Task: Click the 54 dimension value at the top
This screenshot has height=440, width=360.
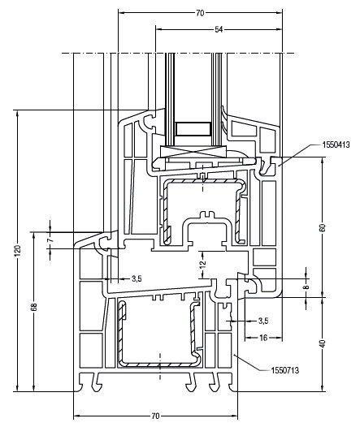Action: [x=219, y=29]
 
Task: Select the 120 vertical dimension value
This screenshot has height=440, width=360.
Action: [x=18, y=251]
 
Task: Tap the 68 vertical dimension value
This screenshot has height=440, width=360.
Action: [x=34, y=307]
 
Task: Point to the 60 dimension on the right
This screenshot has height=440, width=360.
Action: [x=323, y=227]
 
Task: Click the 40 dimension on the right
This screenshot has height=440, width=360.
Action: [x=323, y=343]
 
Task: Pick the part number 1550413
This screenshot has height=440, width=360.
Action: [x=336, y=145]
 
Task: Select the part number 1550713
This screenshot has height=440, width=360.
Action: [x=285, y=370]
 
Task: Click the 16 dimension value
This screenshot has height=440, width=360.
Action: [x=263, y=338]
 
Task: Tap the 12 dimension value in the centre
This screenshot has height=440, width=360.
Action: [x=203, y=264]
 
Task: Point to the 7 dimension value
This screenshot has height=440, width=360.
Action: [x=50, y=240]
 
